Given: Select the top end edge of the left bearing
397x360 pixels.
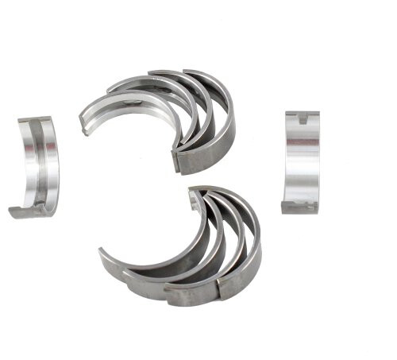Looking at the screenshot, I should tap(36, 119).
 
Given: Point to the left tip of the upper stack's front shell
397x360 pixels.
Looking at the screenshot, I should tap(84, 126).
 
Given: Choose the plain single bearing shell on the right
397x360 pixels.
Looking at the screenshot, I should tap(302, 163).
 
